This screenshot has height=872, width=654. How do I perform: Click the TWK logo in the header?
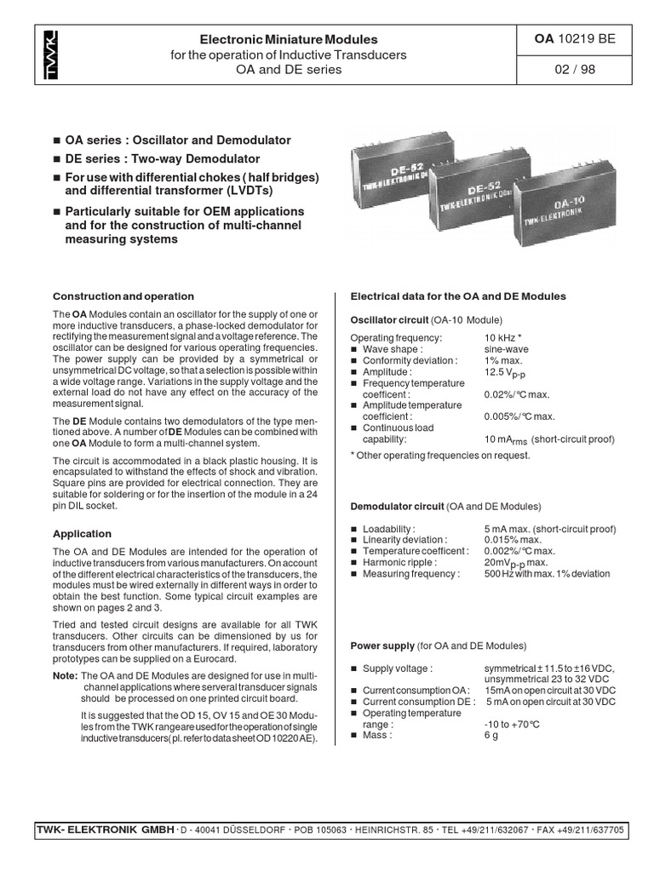point(52,54)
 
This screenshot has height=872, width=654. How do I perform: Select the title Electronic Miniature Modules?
point(287,39)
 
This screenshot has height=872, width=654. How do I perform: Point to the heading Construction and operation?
point(123,296)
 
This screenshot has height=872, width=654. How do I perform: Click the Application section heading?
point(83,534)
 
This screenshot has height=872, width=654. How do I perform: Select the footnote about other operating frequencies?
point(440,455)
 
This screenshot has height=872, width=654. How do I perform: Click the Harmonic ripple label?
point(399,563)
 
